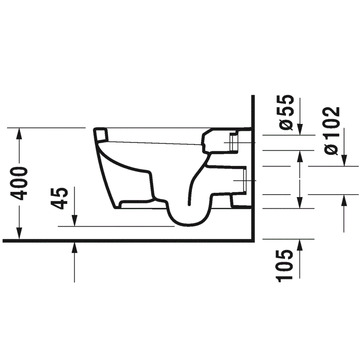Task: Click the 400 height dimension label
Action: coord(19,184)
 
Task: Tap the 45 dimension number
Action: coord(59,198)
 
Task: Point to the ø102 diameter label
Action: coord(331,131)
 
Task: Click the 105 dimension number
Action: coord(285,266)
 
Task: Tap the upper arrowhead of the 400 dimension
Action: coord(19,133)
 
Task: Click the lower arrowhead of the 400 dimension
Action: coord(19,233)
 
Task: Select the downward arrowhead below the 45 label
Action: coord(75,221)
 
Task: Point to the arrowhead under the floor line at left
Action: coord(75,247)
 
